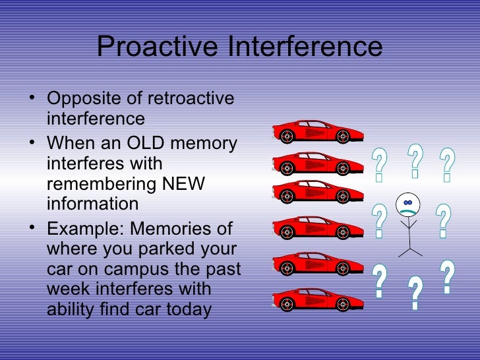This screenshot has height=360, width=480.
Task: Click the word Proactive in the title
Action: (158, 47)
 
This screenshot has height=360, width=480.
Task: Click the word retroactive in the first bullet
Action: (191, 99)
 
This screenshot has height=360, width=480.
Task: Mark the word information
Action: (93, 204)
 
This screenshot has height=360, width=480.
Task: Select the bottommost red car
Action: (318, 299)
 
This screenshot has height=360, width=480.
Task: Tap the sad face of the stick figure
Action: (408, 205)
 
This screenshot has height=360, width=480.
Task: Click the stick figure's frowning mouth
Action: (408, 210)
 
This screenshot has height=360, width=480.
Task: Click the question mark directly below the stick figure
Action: (415, 293)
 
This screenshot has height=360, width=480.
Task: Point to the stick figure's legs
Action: (409, 249)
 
